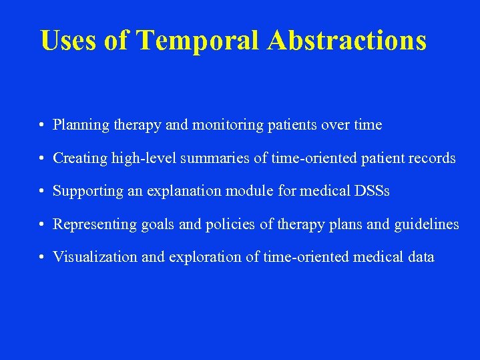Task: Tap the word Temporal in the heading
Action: (x=198, y=40)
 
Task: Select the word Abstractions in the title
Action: (x=346, y=40)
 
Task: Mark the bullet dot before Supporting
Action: (x=41, y=192)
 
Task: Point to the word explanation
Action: (x=177, y=191)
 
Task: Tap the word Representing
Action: (x=94, y=224)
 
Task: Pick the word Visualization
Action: (x=91, y=257)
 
